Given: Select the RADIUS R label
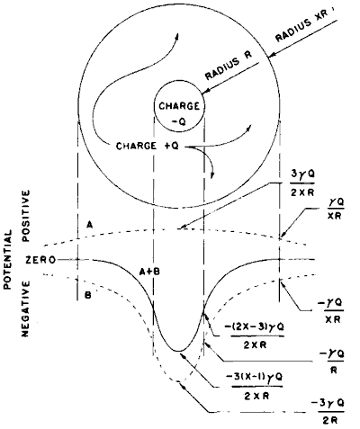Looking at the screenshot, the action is point(229,66).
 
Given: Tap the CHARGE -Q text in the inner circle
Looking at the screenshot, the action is point(179,113).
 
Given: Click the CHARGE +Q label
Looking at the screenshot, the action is point(148,147).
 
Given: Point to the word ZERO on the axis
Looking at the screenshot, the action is point(40,260).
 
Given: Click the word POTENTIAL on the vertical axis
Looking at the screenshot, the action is point(8,259).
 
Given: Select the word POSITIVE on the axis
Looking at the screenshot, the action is point(26,216).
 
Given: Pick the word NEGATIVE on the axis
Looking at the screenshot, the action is point(26,308).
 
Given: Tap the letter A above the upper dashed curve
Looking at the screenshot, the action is point(89,224).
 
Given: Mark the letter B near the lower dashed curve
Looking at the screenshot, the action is point(88,296).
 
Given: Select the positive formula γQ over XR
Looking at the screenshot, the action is point(335,209).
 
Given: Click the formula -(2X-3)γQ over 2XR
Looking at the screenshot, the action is point(256,335).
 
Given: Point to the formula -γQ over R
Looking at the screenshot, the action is point(332,362).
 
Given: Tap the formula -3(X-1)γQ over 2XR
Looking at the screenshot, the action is point(255,386).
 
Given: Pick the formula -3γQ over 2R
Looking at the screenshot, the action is point(328,411).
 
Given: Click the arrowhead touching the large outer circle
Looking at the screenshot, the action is point(272,55).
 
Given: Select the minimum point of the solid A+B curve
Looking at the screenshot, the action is point(178,351).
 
